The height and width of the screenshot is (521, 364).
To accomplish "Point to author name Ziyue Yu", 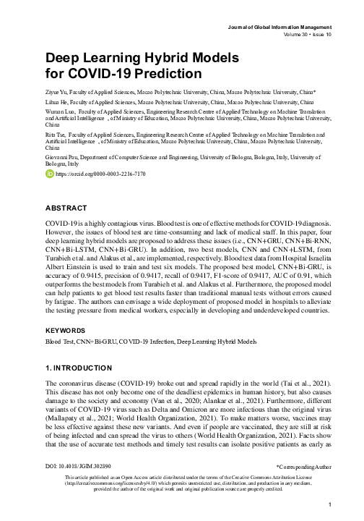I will pyautogui.click(x=58, y=93).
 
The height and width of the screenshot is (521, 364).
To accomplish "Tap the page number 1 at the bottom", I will pyautogui.click(x=329, y=504).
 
